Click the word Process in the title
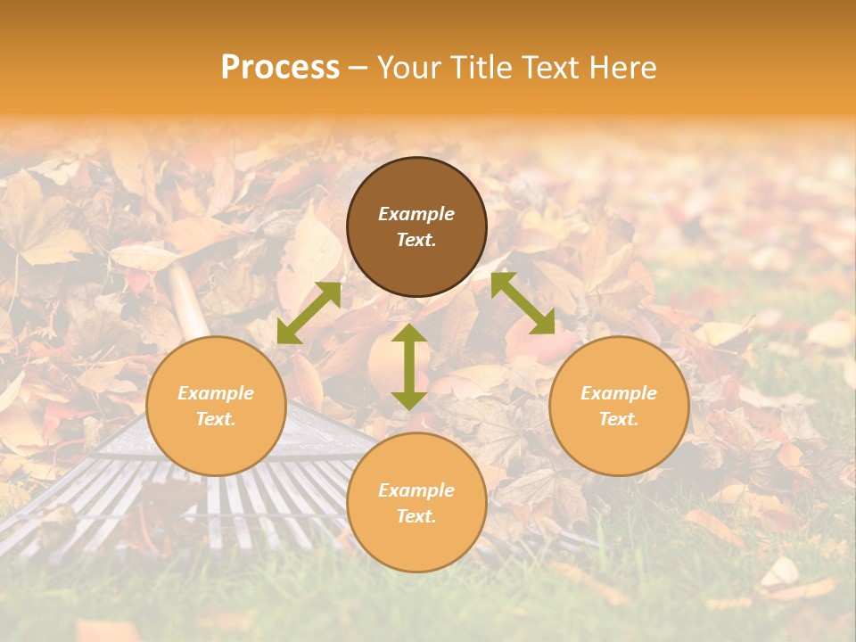pos(280,68)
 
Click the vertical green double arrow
pos(409,366)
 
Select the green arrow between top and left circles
pos(309,312)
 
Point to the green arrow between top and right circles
pos(523,304)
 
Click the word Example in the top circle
pos(416,214)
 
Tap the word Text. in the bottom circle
pos(416,516)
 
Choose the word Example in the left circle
pos(216,393)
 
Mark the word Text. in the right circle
pos(619,419)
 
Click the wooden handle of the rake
pos(187,303)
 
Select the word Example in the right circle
pos(619,393)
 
